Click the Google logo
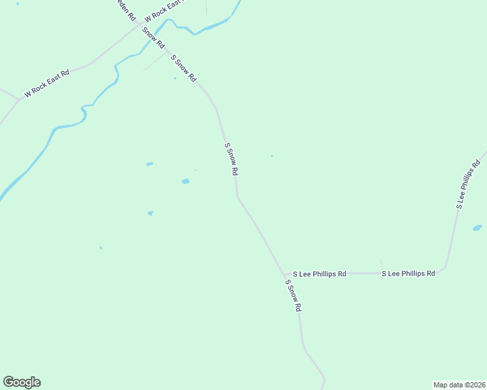(22, 382)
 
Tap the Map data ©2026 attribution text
(459, 384)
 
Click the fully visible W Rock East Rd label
(46, 84)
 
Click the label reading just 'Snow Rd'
(153, 38)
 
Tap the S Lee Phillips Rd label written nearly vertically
(468, 181)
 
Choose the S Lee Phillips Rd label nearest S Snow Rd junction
(319, 274)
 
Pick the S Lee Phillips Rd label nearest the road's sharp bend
(408, 274)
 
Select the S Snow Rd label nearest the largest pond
(231, 159)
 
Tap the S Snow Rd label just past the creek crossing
(184, 68)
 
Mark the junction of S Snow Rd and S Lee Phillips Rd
(284, 274)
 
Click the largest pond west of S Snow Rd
(186, 181)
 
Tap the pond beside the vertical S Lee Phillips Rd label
(477, 228)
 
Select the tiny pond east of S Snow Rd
(271, 155)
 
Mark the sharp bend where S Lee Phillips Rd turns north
(445, 265)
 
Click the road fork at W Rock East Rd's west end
(18, 99)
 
